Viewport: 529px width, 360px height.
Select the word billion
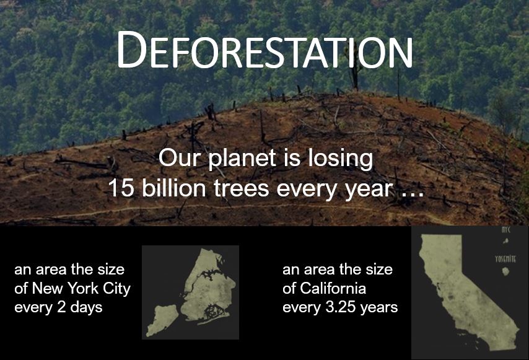coord(173,188)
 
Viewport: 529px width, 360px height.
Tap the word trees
coord(241,188)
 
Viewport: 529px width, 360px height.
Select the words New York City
coord(81,289)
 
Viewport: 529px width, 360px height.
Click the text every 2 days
coord(58,307)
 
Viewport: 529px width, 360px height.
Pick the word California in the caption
coord(333,289)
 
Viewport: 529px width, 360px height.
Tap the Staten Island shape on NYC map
coord(162,320)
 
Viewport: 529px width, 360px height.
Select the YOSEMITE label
coord(505,259)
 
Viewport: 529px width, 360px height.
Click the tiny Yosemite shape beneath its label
coord(505,271)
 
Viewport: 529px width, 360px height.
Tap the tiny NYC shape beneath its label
coord(505,241)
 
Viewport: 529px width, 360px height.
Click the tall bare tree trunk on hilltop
coord(354,71)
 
